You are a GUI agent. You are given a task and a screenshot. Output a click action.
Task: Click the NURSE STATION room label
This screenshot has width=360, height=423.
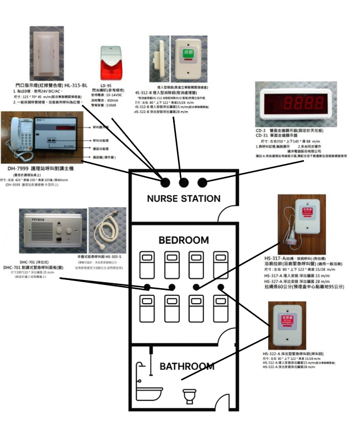(184, 199)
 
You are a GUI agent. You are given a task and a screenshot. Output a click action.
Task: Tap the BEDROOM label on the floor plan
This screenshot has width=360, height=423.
(184, 240)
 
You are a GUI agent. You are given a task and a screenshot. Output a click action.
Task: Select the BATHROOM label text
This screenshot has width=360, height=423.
(187, 366)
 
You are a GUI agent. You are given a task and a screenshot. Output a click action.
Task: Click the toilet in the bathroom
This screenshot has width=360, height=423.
(189, 394)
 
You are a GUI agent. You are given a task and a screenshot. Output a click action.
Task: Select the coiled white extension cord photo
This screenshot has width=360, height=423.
(106, 226)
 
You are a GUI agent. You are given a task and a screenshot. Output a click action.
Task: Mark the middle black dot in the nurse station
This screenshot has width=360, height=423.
(184, 182)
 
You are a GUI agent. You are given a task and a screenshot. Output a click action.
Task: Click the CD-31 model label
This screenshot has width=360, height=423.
(265, 135)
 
